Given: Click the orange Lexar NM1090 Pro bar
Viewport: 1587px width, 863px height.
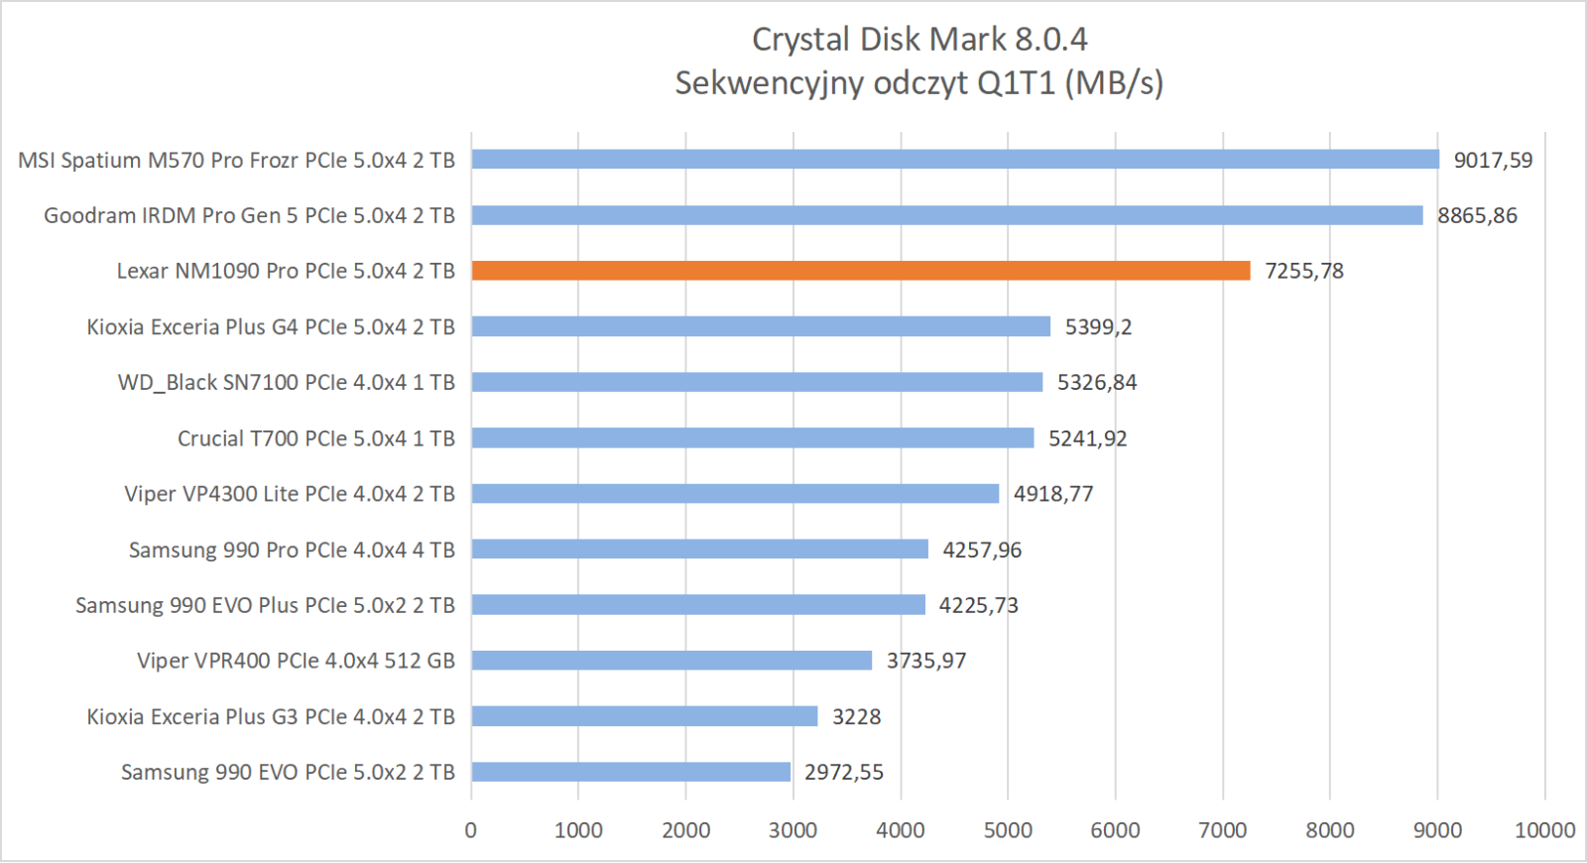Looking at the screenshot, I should point(860,271).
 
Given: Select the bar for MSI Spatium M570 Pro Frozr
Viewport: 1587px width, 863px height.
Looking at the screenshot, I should point(954,160).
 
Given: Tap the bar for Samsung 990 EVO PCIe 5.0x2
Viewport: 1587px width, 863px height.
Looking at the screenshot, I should point(631,772).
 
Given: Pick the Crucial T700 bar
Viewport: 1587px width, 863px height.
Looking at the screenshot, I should point(752,438).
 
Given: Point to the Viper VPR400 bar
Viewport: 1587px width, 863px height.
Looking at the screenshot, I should point(671,661).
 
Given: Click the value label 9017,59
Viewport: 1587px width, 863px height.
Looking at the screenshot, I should point(1493,161).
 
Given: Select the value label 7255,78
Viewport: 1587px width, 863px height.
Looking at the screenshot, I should point(1303,272).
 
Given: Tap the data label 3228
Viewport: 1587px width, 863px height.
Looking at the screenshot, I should point(856,717).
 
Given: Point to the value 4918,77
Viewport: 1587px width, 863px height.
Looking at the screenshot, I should point(1052,494).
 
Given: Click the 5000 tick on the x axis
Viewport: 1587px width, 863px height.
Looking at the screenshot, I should point(1008,830).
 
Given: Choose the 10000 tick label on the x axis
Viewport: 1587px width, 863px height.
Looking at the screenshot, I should point(1544,830).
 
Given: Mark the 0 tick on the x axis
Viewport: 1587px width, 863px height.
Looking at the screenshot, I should point(471,830).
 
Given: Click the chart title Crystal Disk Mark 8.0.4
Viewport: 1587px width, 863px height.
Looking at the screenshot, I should point(919,40).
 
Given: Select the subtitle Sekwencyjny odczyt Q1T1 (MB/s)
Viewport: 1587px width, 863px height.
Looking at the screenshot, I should point(919,83).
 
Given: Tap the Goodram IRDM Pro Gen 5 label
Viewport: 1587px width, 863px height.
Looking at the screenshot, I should point(249,216).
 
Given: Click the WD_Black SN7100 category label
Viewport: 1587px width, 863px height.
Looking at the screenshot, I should point(286,383).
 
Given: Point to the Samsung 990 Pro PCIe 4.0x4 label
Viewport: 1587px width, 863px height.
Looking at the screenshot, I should point(292,551).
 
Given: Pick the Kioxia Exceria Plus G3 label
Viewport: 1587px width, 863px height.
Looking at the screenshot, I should point(271,717).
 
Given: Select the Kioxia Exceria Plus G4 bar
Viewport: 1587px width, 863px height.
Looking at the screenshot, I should point(760,326).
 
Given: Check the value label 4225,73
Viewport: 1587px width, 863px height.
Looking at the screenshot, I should point(978,606).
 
